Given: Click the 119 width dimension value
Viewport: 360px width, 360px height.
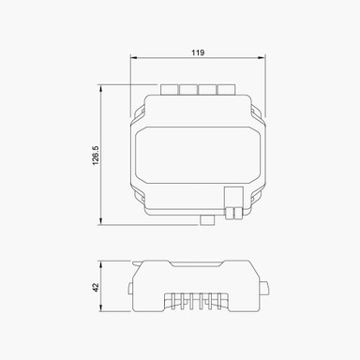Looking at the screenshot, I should click(x=198, y=52).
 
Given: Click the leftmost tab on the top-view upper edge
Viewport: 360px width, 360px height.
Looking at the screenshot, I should click(x=170, y=90).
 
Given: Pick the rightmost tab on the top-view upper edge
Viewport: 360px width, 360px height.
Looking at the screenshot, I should click(x=225, y=90).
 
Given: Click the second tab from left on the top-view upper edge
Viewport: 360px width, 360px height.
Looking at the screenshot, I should click(x=188, y=90).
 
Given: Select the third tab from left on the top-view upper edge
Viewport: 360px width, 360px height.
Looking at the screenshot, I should click(x=207, y=90).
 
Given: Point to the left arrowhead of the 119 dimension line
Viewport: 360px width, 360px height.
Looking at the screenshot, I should click(x=132, y=59).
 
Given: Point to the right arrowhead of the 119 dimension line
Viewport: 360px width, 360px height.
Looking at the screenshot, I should click(x=264, y=59).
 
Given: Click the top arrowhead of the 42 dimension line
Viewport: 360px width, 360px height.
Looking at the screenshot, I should click(x=100, y=263).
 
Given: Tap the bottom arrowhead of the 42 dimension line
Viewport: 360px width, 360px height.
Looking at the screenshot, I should click(x=100, y=311).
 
